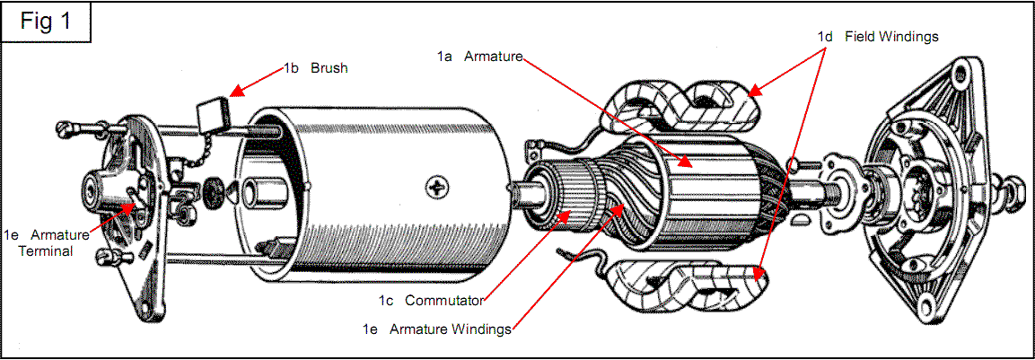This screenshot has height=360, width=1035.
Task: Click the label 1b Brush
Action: pyautogui.click(x=315, y=68)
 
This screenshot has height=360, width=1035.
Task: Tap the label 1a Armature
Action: pyautogui.click(x=480, y=57)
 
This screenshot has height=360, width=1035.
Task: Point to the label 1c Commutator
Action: pyautogui.click(x=432, y=301)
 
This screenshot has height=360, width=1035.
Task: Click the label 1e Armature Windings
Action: pyautogui.click(x=437, y=329)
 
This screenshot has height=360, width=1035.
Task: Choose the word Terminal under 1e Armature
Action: pyautogui.click(x=44, y=251)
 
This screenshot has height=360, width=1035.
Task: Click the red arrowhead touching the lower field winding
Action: pyautogui.click(x=759, y=271)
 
